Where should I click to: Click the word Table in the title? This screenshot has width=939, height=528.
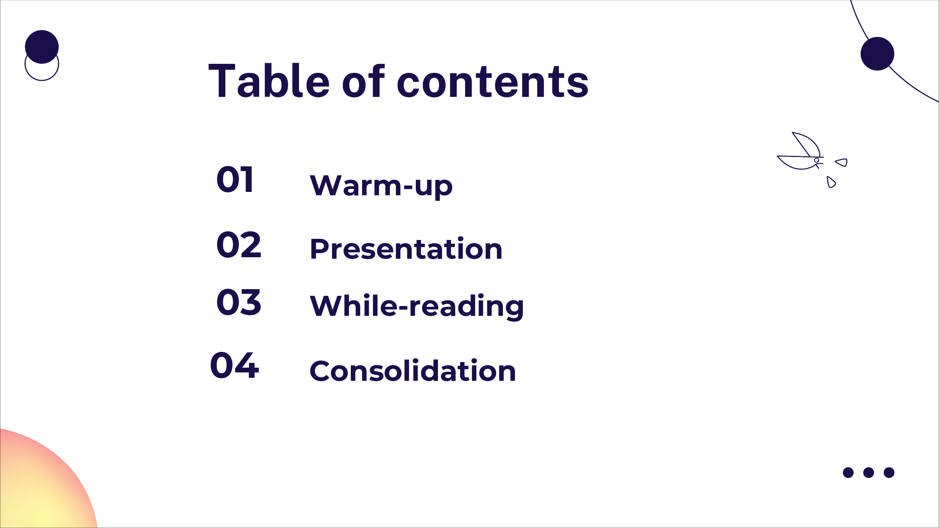(x=269, y=80)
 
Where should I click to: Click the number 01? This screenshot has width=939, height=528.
(x=235, y=180)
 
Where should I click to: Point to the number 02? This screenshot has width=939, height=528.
(x=239, y=245)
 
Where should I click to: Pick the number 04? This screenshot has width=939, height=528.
(x=235, y=365)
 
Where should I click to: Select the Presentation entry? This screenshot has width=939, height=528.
(x=406, y=249)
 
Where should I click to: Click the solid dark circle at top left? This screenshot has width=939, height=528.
(x=42, y=47)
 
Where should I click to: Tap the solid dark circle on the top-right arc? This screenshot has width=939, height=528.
(x=877, y=54)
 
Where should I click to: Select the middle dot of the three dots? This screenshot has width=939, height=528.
(x=869, y=472)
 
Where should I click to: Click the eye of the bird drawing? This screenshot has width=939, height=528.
(x=816, y=160)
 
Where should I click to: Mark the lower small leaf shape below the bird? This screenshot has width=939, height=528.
(x=831, y=182)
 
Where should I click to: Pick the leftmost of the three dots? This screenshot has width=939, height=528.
(x=848, y=472)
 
